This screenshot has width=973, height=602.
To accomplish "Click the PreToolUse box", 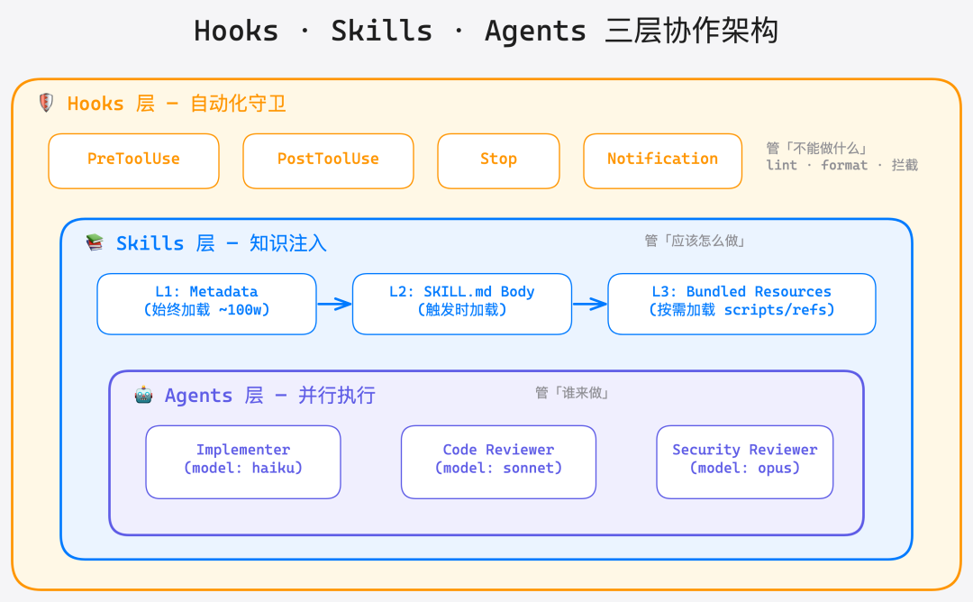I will click(x=133, y=160).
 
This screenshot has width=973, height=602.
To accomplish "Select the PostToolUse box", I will click(x=328, y=160).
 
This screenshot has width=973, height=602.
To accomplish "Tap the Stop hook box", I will click(x=498, y=160).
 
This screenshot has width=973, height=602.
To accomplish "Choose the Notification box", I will click(x=662, y=160).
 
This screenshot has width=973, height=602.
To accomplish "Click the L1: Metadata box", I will click(x=206, y=304).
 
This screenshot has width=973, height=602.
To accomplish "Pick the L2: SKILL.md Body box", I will click(x=461, y=304).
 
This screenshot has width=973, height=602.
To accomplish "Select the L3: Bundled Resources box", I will click(x=741, y=304).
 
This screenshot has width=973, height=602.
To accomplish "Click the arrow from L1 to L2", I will click(x=334, y=304).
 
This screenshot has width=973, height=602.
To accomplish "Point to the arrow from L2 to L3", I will click(x=590, y=304).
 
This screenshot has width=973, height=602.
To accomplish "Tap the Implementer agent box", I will click(x=243, y=461).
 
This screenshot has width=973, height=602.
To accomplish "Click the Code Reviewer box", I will click(x=498, y=461).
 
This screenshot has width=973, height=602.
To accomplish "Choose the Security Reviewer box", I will click(x=744, y=461).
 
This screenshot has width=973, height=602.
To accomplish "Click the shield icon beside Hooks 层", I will click(x=46, y=103).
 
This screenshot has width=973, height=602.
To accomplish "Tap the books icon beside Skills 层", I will click(x=95, y=242).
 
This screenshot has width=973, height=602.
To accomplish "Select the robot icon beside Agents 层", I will click(x=143, y=395).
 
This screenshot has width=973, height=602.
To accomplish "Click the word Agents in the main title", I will click(x=536, y=32).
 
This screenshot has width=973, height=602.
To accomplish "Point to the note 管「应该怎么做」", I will click(x=695, y=241).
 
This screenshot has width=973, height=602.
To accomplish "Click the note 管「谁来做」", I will click(x=572, y=393).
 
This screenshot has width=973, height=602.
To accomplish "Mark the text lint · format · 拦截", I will click(x=841, y=166).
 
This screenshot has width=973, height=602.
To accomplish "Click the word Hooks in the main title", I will click(x=236, y=32).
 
